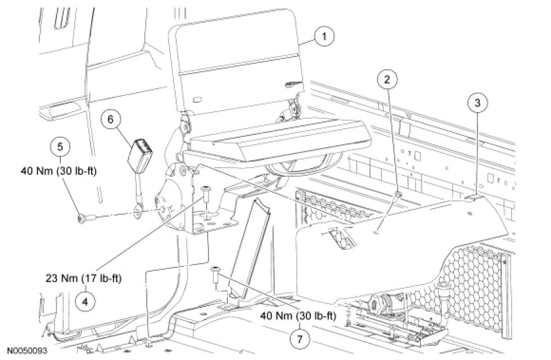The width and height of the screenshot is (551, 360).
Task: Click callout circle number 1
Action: [x=324, y=37]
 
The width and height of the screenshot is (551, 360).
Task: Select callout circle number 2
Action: [x=387, y=80]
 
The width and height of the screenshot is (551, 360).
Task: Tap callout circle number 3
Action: [x=477, y=103]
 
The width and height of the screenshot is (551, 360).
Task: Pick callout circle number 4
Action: [x=85, y=301]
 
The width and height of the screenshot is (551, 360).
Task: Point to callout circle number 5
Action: [x=60, y=146]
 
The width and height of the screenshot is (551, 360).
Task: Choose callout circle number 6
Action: [x=111, y=120]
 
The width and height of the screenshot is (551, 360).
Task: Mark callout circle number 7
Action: [x=300, y=339]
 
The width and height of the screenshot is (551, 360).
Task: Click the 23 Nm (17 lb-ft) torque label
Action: [x=83, y=279]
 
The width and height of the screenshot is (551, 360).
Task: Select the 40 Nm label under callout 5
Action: [x=58, y=171]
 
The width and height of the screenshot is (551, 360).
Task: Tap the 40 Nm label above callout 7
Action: [x=298, y=316]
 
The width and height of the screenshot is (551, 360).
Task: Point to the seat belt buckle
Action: [x=137, y=155]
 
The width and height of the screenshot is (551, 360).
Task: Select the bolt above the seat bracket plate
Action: [x=206, y=194]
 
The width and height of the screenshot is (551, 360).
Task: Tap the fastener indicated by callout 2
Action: [x=398, y=195]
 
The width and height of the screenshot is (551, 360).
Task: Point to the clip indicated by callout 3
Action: [x=473, y=198]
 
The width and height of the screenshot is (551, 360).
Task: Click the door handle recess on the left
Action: [x=60, y=111]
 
